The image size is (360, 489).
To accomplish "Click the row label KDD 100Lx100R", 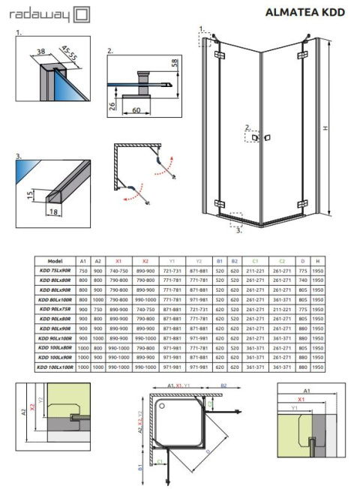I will pos(54,367).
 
